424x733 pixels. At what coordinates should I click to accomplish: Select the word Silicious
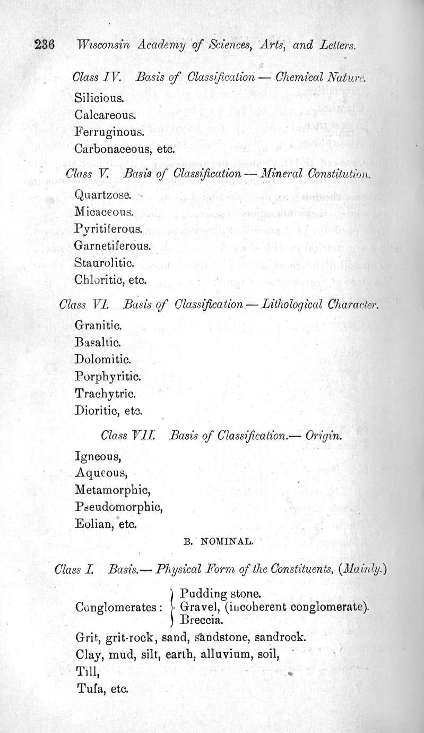pyautogui.click(x=99, y=98)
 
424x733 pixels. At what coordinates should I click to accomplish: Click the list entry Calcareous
pyautogui.click(x=106, y=114)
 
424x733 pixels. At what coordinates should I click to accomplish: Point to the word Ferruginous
pyautogui.click(x=109, y=132)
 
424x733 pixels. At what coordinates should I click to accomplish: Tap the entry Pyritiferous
pyautogui.click(x=108, y=229)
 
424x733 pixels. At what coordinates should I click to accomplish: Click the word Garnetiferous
pyautogui.click(x=113, y=246)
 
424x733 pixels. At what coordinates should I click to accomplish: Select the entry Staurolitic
pyautogui.click(x=105, y=263)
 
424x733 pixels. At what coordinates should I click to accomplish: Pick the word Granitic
pyautogui.click(x=98, y=324)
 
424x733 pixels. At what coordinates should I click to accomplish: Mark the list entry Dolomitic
pyautogui.click(x=103, y=359)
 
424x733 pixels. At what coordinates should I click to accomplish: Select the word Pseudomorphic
pyautogui.click(x=118, y=506)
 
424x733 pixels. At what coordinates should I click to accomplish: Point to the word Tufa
pyautogui.click(x=88, y=688)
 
